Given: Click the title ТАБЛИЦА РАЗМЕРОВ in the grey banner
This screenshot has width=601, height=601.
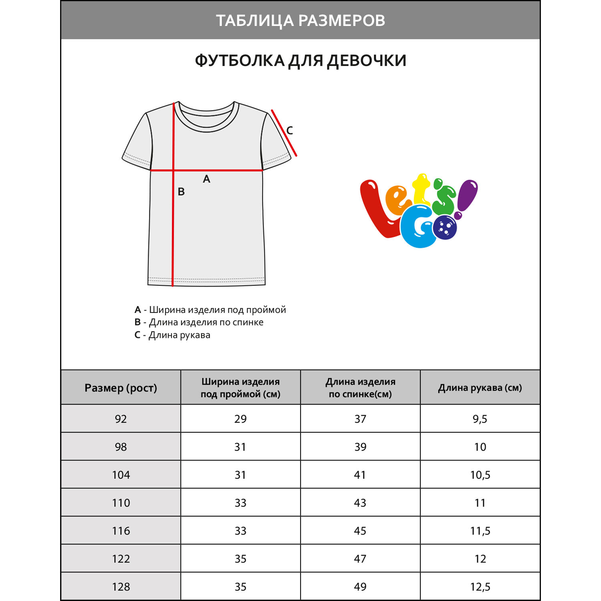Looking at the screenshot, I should coord(300,20).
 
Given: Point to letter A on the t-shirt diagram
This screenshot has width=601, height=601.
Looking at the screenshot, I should coord(206,179).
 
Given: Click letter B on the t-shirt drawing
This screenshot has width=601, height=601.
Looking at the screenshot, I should coord(181,192).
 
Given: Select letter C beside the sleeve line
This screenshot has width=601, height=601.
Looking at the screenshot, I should coord(289,130).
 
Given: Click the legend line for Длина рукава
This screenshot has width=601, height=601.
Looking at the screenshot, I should coord(172,335).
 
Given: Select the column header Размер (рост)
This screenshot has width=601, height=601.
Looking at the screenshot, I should coord(121,388).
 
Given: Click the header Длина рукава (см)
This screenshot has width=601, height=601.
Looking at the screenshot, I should coord(480,388).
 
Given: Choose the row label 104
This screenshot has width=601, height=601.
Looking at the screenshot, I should coord(121,475).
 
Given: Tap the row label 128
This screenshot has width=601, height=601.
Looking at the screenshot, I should coord(121,587).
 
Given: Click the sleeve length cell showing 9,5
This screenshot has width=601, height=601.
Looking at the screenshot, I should coord(480,419).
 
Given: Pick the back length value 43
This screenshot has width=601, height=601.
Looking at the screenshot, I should coord(360,503).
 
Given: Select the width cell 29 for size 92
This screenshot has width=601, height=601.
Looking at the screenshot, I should coord(240,419).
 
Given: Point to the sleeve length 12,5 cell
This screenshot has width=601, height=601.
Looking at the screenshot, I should coord(480,587).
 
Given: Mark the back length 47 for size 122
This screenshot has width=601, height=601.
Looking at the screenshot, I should coord(360,559).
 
